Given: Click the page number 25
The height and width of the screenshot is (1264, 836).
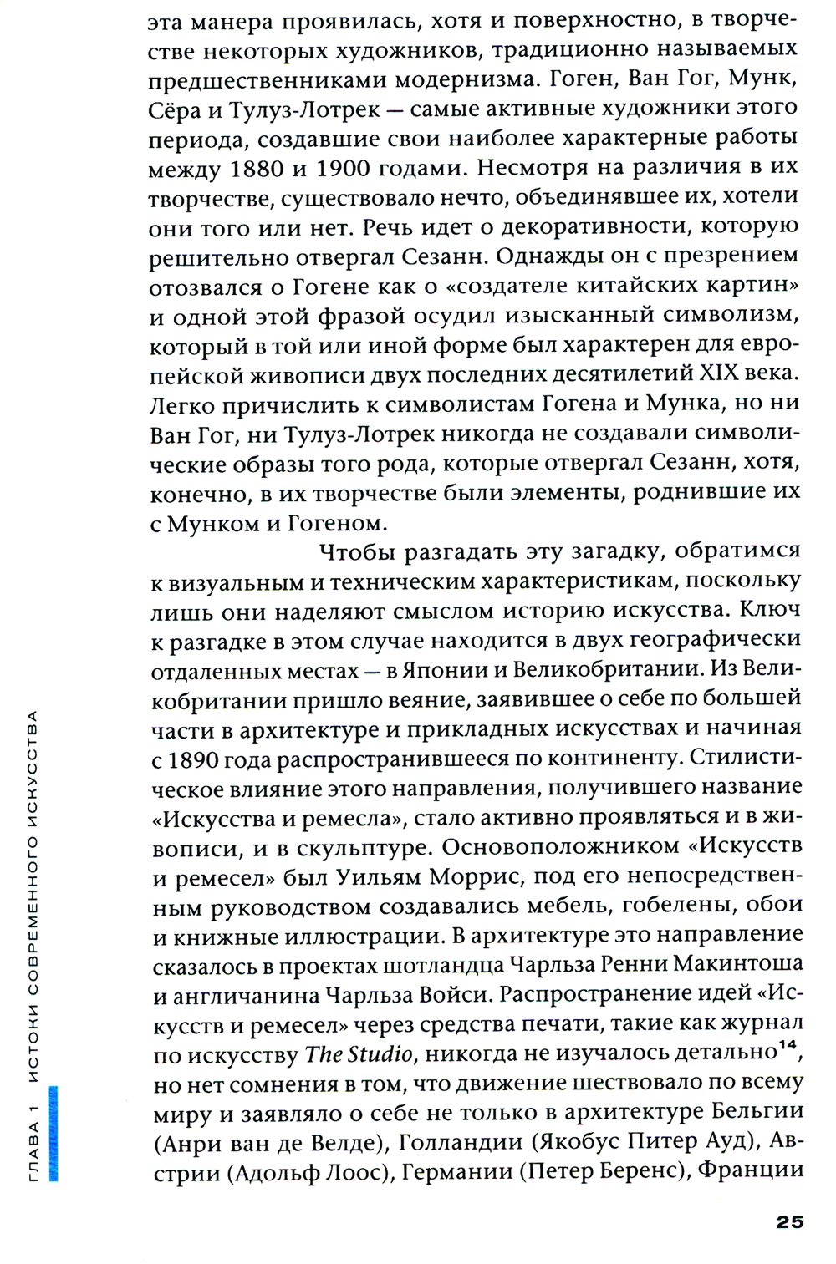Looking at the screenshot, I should tap(789, 1221).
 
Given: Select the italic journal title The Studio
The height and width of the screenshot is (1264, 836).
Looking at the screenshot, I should tap(359, 1054).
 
